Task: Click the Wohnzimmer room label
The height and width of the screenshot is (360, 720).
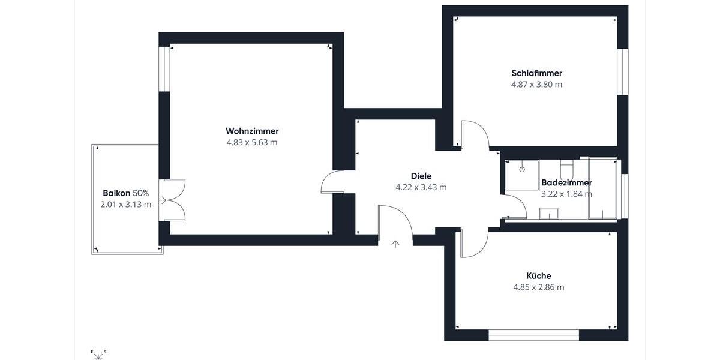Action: coord(252,131)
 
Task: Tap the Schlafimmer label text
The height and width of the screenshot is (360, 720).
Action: coord(536,73)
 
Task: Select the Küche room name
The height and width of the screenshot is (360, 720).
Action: coord(538,276)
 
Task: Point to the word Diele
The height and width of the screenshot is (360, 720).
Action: coord(421,176)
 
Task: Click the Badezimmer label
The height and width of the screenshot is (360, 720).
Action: coord(566,182)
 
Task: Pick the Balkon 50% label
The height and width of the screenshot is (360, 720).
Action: coord(125,193)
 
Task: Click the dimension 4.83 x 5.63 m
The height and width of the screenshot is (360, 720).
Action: coord(252,143)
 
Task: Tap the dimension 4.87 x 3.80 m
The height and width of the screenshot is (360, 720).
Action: coord(536,85)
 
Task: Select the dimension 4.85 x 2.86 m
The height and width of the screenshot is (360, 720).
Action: coord(538,287)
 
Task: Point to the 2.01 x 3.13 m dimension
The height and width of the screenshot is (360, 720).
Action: coord(125,205)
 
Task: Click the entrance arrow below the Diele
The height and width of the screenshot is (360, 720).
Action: coord(395,244)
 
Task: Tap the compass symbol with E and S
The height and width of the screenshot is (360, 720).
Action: coord(98,355)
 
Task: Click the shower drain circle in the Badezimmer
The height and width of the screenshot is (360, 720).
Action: coord(522,169)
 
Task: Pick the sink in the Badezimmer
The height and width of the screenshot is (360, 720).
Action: coord(549,214)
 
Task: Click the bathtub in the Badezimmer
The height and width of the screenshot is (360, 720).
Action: coord(602,188)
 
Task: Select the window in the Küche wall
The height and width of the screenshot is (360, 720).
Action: coord(533,335)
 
